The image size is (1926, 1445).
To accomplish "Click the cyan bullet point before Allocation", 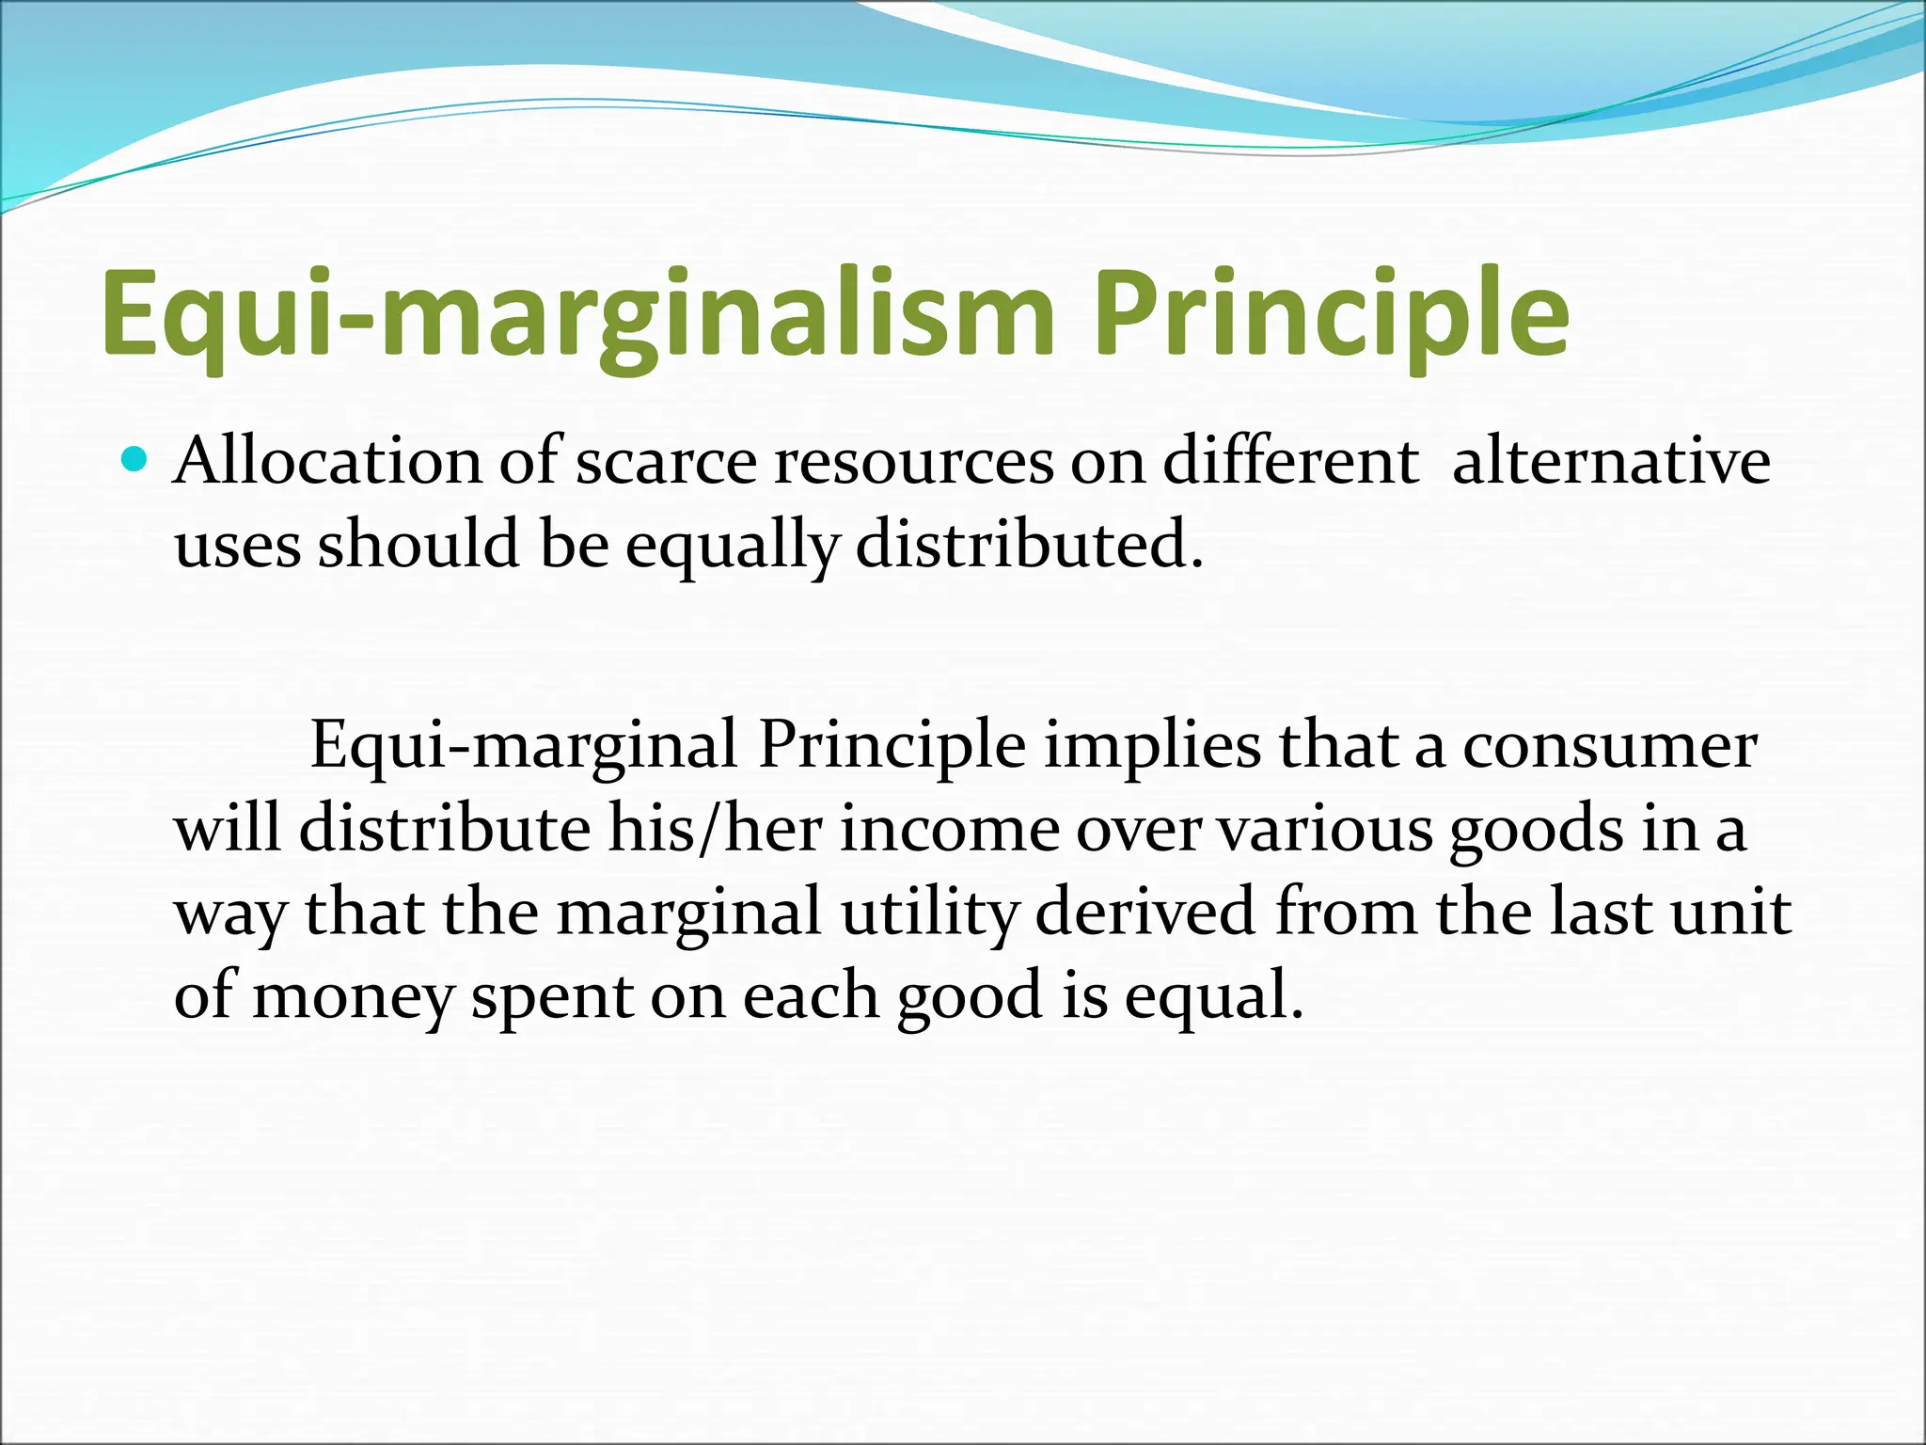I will click(136, 460).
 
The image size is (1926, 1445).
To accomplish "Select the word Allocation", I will click(329, 462).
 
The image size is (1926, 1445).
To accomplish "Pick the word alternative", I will click(1611, 462).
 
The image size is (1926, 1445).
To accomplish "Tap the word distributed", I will click(1029, 545).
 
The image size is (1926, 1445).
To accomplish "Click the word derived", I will click(1145, 912).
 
